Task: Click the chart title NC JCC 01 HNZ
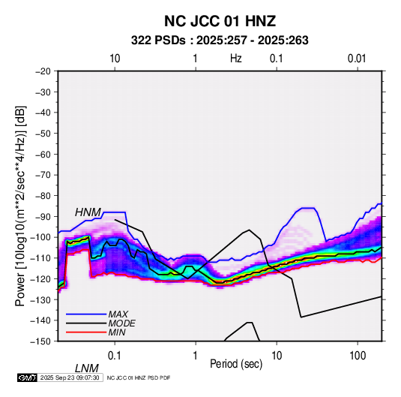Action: [220, 21]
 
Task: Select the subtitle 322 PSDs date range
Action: [220, 41]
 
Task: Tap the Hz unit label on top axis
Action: [235, 59]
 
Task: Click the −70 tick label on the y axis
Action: [43, 175]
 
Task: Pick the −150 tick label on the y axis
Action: [40, 341]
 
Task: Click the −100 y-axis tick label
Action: [40, 237]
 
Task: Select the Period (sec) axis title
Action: [236, 364]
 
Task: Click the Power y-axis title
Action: [20, 206]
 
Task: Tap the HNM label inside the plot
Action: [88, 212]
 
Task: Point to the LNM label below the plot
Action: [87, 368]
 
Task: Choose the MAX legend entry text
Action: [118, 314]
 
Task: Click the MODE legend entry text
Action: [121, 323]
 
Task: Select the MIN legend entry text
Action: [117, 332]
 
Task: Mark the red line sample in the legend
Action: [86, 332]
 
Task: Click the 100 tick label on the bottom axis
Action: [358, 356]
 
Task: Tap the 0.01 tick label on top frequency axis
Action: [357, 59]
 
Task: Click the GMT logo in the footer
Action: [27, 377]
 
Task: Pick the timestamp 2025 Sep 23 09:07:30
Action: [70, 377]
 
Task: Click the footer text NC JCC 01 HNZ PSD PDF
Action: [139, 377]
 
